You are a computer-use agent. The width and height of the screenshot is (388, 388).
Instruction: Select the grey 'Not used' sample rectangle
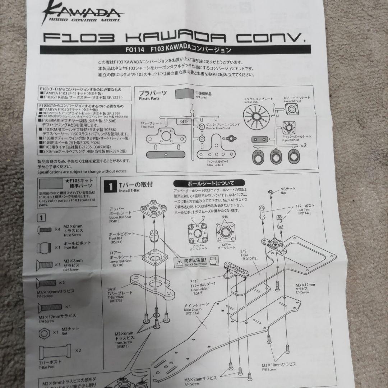pyautogui.click(x=184, y=94)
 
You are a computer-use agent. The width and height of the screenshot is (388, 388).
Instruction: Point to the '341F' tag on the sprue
pyautogui.click(x=182, y=122)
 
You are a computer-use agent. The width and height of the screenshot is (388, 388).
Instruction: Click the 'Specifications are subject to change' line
pyautogui.click(x=82, y=172)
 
